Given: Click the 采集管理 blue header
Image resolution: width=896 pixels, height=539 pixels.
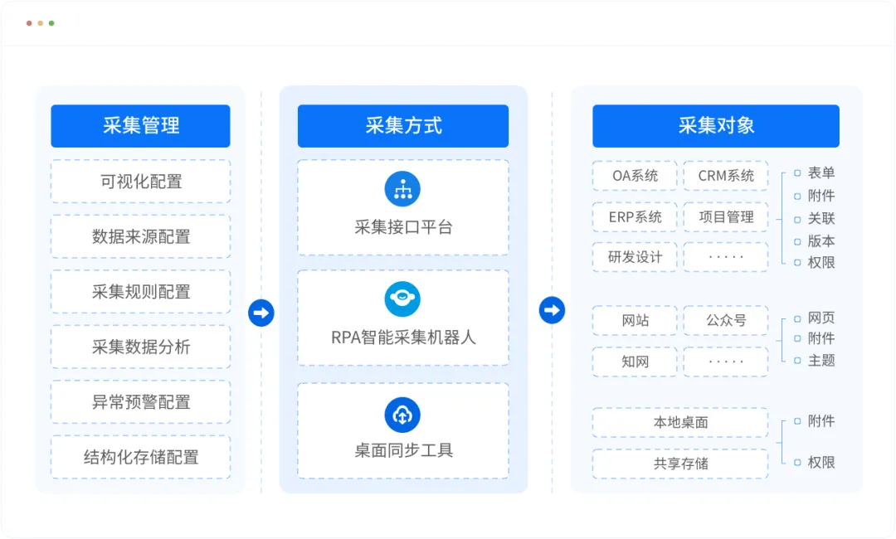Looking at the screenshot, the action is [140, 125].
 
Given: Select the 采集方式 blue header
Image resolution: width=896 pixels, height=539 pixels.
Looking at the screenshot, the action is [403, 125].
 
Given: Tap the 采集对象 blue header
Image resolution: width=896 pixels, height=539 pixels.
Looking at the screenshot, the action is [716, 125].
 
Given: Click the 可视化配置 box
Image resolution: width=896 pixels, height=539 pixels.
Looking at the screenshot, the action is [140, 182].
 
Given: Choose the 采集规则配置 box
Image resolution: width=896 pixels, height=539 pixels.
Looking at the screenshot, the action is [140, 292].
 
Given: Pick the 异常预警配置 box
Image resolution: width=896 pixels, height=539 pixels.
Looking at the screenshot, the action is [140, 402].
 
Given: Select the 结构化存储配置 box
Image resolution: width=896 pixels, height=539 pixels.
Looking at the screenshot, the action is [140, 457].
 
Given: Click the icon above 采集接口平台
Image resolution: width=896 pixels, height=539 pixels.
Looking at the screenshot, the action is [402, 189].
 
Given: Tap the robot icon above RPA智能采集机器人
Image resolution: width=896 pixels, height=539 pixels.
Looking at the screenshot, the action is [402, 299].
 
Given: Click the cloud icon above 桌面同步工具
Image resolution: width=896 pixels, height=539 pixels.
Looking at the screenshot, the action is [402, 415].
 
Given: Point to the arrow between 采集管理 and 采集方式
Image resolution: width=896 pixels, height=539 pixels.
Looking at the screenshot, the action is [261, 313].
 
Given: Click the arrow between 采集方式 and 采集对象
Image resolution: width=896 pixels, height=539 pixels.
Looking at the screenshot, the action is [552, 310].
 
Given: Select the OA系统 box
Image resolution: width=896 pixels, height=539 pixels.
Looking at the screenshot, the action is [635, 176].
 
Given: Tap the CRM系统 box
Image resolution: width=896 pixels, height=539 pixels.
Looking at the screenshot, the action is [726, 176].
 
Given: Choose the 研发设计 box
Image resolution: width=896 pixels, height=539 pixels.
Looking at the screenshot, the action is [635, 257].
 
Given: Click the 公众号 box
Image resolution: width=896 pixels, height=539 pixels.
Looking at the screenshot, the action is [726, 320].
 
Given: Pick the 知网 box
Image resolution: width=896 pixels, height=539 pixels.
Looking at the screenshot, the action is [635, 362].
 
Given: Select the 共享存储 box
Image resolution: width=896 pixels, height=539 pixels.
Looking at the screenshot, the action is [680, 464].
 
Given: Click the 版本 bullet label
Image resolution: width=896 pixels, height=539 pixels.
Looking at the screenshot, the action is [821, 241].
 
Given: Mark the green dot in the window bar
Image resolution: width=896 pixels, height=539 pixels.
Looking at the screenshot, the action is [51, 23].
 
